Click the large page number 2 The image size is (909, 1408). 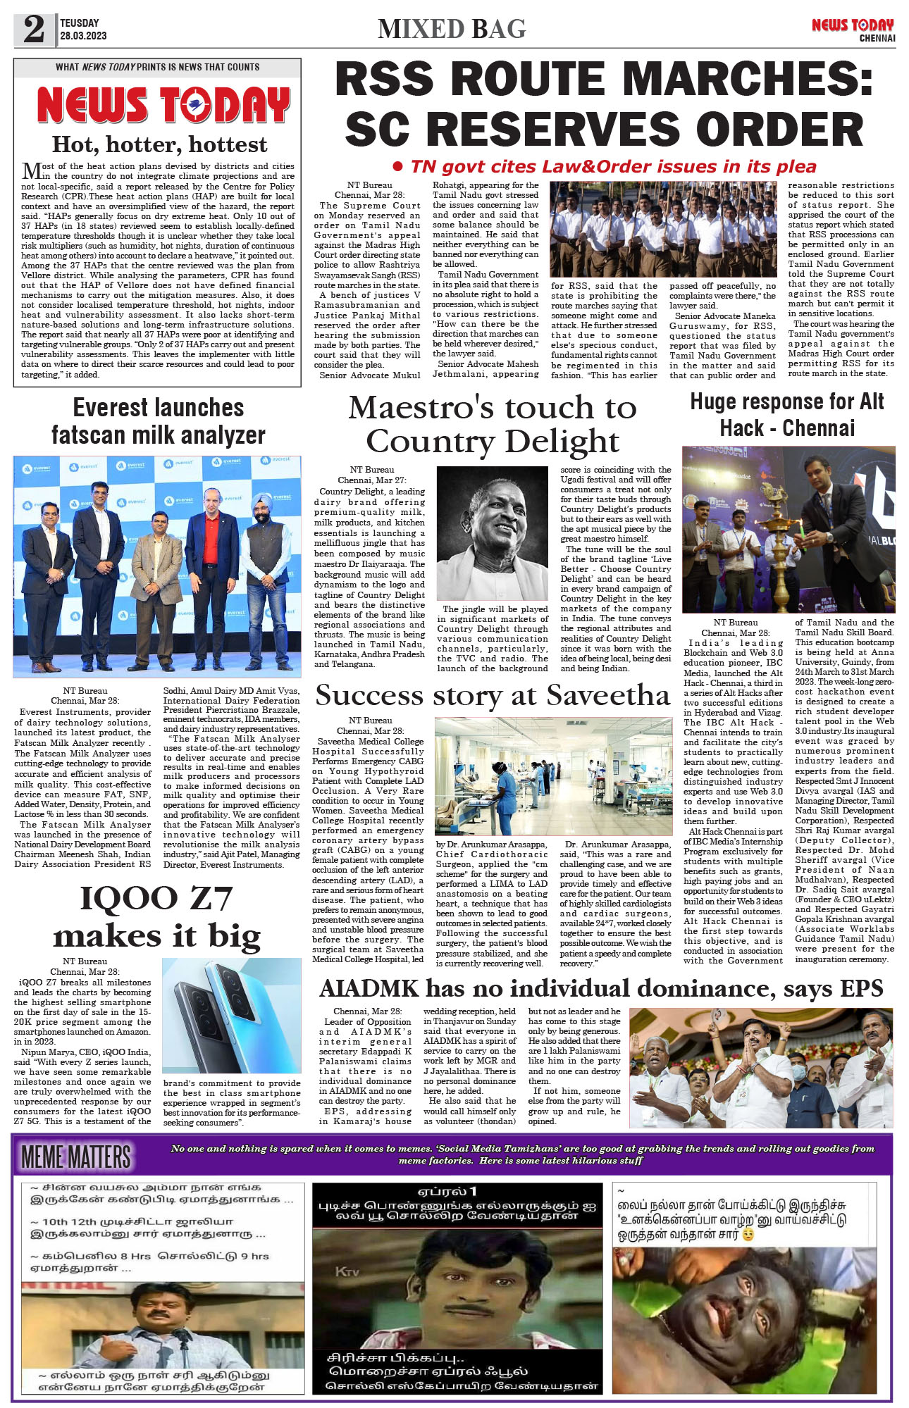click(x=34, y=30)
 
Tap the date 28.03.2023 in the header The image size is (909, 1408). click(x=83, y=36)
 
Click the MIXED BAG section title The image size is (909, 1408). click(x=452, y=29)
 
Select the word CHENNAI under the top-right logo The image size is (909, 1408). click(x=877, y=38)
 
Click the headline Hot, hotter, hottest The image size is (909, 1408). click(x=159, y=144)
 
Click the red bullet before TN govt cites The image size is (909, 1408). click(x=397, y=167)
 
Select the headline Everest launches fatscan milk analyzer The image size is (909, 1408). click(x=159, y=421)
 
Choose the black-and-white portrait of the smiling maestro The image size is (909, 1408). click(x=492, y=533)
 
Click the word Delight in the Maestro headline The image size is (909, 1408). click(x=562, y=442)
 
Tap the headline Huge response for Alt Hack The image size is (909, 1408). click(x=787, y=414)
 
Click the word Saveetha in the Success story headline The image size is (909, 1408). click(x=607, y=696)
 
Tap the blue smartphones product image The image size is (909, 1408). click(x=232, y=1015)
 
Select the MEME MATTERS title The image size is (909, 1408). click(x=76, y=1157)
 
